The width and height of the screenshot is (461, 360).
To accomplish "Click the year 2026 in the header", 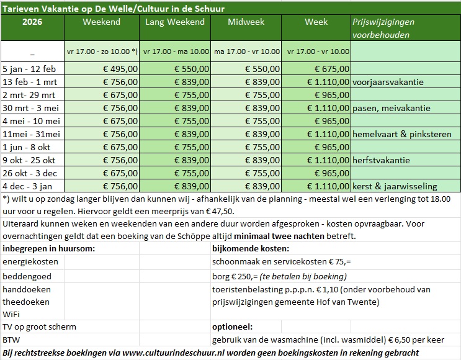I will (32, 22).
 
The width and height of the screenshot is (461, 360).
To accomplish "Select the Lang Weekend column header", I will (174, 22).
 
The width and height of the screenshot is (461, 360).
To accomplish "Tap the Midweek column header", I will (246, 22).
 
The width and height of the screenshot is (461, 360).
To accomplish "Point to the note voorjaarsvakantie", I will (388, 82).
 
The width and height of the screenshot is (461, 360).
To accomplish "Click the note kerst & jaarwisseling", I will (394, 186).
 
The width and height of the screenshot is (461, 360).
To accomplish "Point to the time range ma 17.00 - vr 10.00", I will (246, 52).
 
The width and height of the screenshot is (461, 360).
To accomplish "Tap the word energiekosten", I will (30, 262).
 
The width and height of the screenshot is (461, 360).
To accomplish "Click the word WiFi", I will (12, 314).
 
